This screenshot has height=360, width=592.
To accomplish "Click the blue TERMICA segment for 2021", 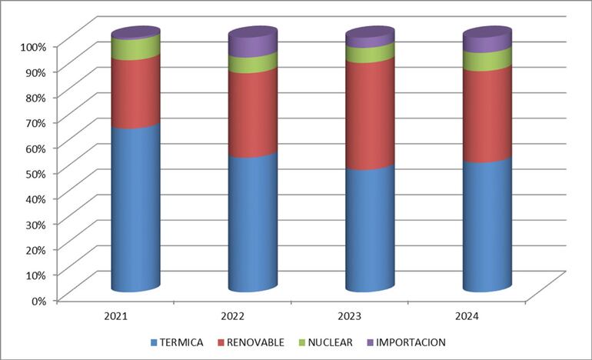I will [x=135, y=208].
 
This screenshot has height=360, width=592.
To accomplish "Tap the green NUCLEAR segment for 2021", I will [x=135, y=47].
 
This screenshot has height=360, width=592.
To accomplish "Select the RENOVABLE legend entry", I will [x=254, y=342].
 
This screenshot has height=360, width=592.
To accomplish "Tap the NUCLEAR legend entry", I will [x=325, y=342].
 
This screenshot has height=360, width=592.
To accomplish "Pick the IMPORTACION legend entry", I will [x=405, y=342].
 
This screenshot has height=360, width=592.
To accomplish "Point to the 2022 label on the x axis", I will [x=232, y=315].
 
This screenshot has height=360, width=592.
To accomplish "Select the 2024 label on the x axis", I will [x=467, y=315].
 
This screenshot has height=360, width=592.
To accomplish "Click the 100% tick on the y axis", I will [x=34, y=46].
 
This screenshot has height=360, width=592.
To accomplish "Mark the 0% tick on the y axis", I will [x=39, y=300].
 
